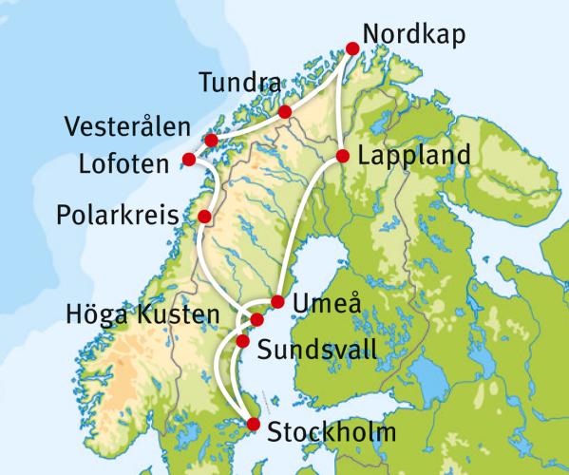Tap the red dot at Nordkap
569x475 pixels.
click(352, 48)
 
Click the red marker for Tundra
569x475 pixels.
click(285, 113)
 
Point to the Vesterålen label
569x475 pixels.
click(127, 127)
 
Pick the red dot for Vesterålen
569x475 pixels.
click(211, 141)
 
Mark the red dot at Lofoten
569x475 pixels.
click(188, 159)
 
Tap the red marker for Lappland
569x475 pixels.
click(342, 156)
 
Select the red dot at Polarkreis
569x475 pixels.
click(204, 217)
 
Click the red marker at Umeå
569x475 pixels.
click(277, 302)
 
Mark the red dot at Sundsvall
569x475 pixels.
click(242, 341)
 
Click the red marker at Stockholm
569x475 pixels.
click(253, 425)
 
